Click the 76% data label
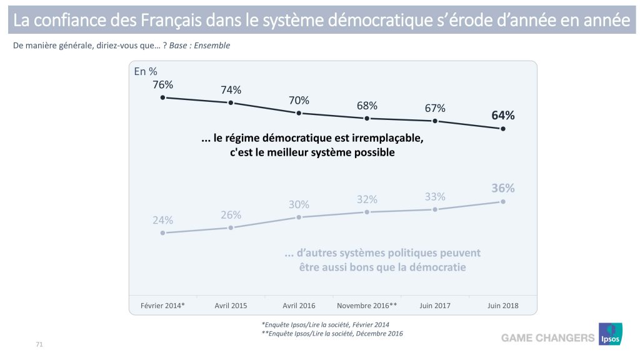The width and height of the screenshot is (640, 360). [x=162, y=84]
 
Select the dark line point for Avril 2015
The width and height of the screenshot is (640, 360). [x=231, y=102]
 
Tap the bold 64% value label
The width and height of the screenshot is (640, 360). [x=502, y=115]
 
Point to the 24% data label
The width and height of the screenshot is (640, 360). [x=162, y=220]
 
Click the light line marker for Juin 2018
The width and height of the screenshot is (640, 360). [x=503, y=202]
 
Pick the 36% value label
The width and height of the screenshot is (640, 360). [x=502, y=188]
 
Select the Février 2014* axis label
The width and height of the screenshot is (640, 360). [x=162, y=306]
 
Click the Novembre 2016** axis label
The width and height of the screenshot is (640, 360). [x=367, y=306]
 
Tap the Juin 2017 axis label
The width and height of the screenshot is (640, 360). [x=435, y=306]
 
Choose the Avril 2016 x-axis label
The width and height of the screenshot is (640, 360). [x=299, y=306]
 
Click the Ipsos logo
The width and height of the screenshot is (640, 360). [x=610, y=334]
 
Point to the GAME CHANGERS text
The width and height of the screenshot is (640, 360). [x=547, y=338]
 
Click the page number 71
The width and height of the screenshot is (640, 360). [x=39, y=344]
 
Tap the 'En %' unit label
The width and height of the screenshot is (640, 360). [x=146, y=71]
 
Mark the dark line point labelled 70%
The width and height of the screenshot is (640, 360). [x=299, y=113]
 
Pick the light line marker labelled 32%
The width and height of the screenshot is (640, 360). [x=367, y=212]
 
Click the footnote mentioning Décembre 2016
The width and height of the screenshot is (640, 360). [x=332, y=334]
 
